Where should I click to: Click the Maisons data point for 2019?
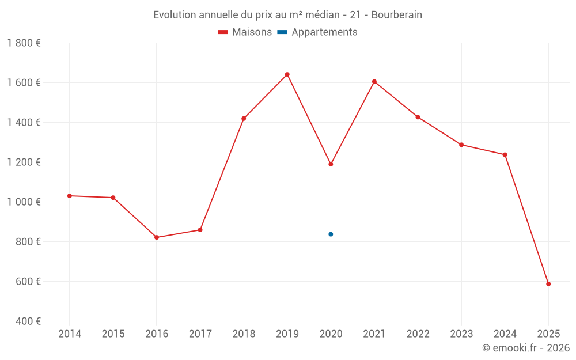coord(287,74)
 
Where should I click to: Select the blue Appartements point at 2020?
coord(331,234)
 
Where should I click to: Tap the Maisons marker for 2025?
coord(548,283)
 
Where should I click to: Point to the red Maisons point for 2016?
coord(157,237)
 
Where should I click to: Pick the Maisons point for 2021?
coord(374,81)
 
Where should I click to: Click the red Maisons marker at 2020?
coord(331,164)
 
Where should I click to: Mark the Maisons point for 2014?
coord(70,196)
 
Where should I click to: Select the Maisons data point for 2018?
coord(244,119)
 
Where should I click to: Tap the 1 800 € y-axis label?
coord(24,43)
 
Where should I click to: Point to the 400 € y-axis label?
coord(28,321)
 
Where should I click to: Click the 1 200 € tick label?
coord(24,162)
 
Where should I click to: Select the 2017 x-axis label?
coord(200,334)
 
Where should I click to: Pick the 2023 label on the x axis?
coord(461,334)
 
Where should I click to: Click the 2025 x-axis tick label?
coord(548,334)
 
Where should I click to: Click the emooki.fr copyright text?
coord(526,348)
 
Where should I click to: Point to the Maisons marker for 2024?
coord(505,154)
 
